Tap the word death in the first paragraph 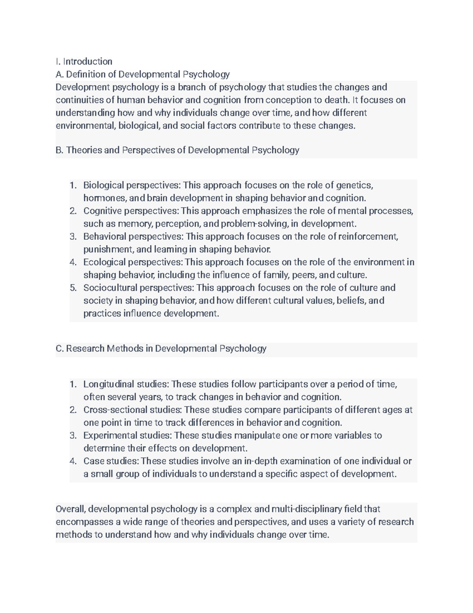point(335,100)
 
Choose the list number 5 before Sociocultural point(73,288)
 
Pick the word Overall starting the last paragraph point(70,509)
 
